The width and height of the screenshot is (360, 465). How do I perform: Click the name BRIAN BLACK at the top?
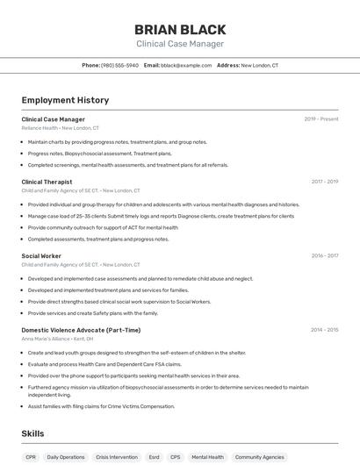[180, 29]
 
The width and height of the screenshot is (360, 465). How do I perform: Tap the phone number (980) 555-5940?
[120, 65]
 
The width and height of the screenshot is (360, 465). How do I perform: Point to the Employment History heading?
[59, 100]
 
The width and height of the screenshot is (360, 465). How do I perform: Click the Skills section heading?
[32, 433]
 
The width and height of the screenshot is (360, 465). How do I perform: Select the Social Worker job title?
[41, 255]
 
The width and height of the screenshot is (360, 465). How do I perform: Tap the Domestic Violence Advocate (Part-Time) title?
[81, 330]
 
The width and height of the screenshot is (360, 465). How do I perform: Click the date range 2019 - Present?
[321, 119]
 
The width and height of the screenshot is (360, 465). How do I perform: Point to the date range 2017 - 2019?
[324, 182]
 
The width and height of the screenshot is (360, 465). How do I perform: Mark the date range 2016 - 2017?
[324, 255]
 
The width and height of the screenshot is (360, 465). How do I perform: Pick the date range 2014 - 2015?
[324, 330]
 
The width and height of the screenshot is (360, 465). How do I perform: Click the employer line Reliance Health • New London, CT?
[61, 128]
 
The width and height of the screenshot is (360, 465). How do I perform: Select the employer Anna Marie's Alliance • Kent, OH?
[57, 339]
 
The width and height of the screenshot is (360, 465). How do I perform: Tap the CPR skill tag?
[31, 457]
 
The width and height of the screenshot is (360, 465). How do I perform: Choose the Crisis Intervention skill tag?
[117, 457]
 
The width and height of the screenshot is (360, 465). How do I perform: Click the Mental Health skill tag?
[207, 457]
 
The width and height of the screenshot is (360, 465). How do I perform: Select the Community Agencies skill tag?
[261, 457]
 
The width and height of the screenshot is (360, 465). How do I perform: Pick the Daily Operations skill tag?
[66, 457]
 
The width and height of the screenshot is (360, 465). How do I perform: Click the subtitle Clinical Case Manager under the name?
[180, 44]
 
